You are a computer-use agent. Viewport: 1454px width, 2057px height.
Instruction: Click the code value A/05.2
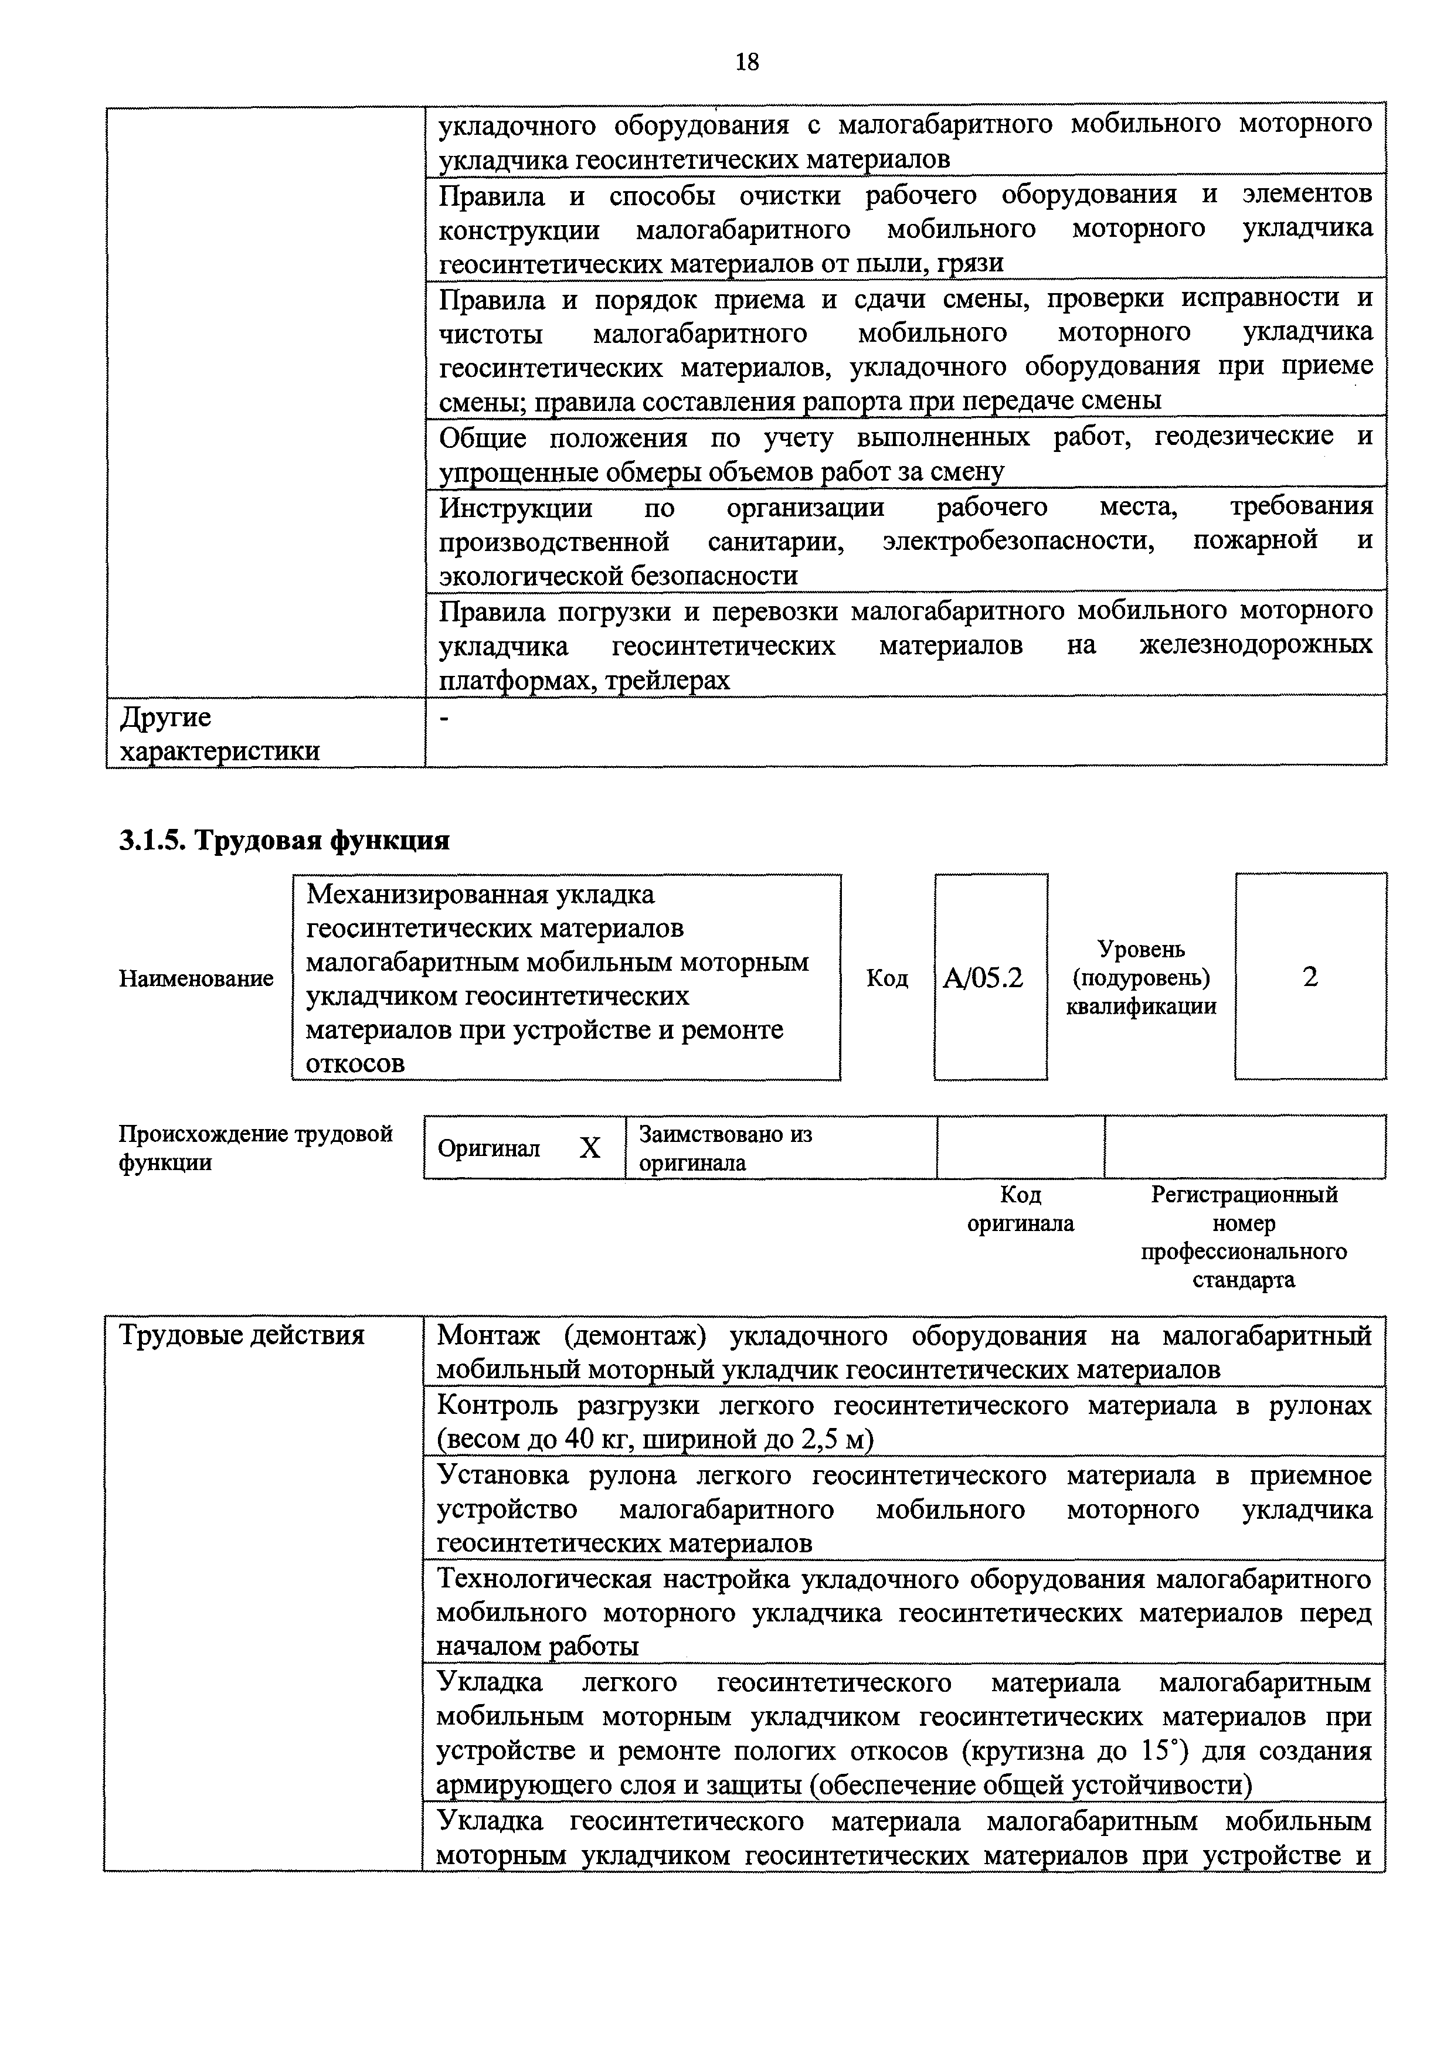click(982, 977)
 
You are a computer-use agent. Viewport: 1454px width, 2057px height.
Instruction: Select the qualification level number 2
click(1310, 977)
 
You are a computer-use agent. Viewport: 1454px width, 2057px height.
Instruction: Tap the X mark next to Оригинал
click(589, 1148)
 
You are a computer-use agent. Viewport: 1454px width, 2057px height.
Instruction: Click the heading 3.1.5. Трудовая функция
click(284, 841)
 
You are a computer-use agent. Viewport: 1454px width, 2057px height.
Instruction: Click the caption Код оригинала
click(1020, 1209)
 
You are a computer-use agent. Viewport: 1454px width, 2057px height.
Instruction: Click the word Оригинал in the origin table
click(488, 1148)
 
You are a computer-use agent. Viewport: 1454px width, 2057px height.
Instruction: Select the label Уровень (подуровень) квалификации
click(1140, 977)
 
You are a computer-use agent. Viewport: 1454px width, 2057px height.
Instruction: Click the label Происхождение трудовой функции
click(255, 1148)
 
